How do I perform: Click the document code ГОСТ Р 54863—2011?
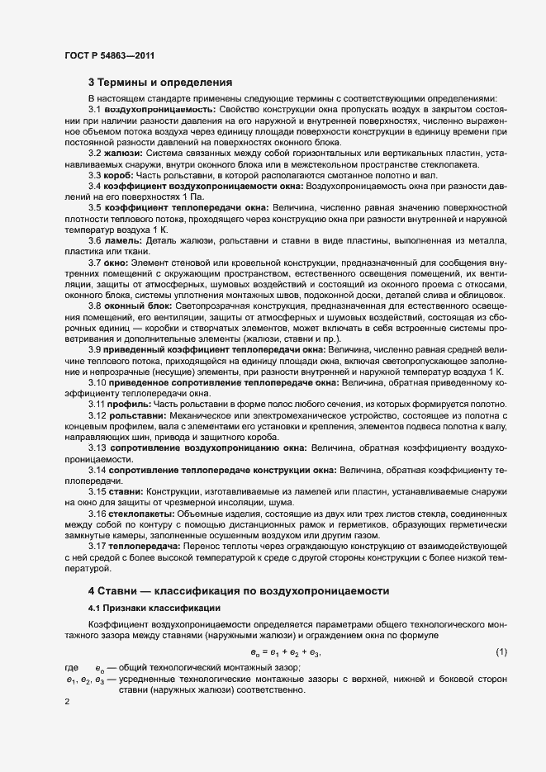click(109, 56)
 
